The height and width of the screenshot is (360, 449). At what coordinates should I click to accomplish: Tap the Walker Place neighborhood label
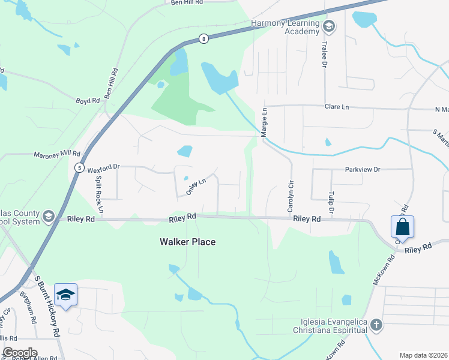click(187, 242)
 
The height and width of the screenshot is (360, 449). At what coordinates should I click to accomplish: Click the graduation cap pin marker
click(65, 295)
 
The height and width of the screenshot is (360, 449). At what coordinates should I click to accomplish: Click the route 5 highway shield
click(79, 168)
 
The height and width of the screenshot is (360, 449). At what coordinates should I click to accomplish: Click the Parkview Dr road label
click(363, 169)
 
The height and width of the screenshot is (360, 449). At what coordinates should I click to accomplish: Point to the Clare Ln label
click(336, 107)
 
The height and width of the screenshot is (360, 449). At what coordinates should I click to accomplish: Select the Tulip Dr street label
click(331, 203)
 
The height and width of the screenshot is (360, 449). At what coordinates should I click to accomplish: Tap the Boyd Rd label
click(87, 101)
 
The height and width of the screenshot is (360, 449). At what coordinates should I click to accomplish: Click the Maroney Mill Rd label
click(56, 154)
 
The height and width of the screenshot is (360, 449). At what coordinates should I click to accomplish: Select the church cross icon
click(376, 325)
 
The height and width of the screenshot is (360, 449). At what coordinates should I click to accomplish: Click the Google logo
click(19, 353)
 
